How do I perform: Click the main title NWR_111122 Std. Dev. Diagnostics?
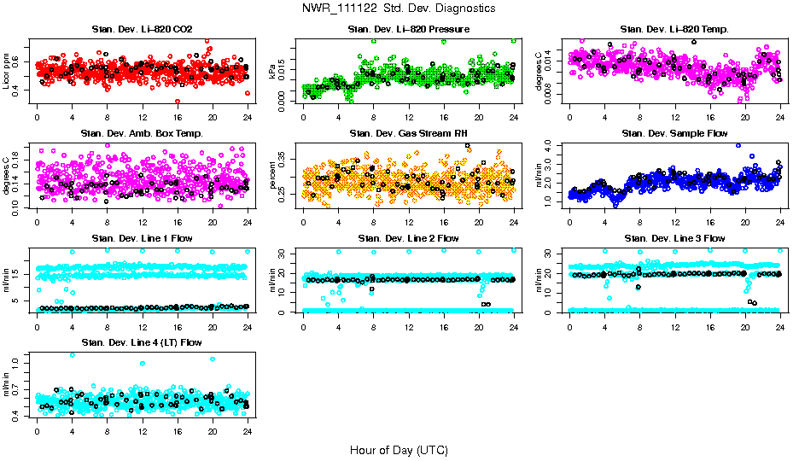click(399, 9)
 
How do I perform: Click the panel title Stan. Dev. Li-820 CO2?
click(142, 30)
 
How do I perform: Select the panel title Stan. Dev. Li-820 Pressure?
click(409, 30)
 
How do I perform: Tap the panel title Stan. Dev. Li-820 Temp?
click(674, 30)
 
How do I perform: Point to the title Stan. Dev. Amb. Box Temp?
click(142, 134)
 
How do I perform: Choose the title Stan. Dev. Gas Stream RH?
click(409, 134)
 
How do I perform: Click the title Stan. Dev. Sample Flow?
click(674, 134)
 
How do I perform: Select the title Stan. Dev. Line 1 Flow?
click(142, 238)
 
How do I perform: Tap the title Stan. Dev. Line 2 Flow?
click(409, 238)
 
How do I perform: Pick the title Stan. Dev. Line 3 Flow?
click(674, 238)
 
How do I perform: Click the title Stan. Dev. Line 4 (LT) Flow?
click(142, 342)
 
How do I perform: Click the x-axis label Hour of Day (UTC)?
click(399, 450)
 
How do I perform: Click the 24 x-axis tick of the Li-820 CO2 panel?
click(248, 118)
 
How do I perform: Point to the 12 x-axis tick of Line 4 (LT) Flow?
click(142, 430)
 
